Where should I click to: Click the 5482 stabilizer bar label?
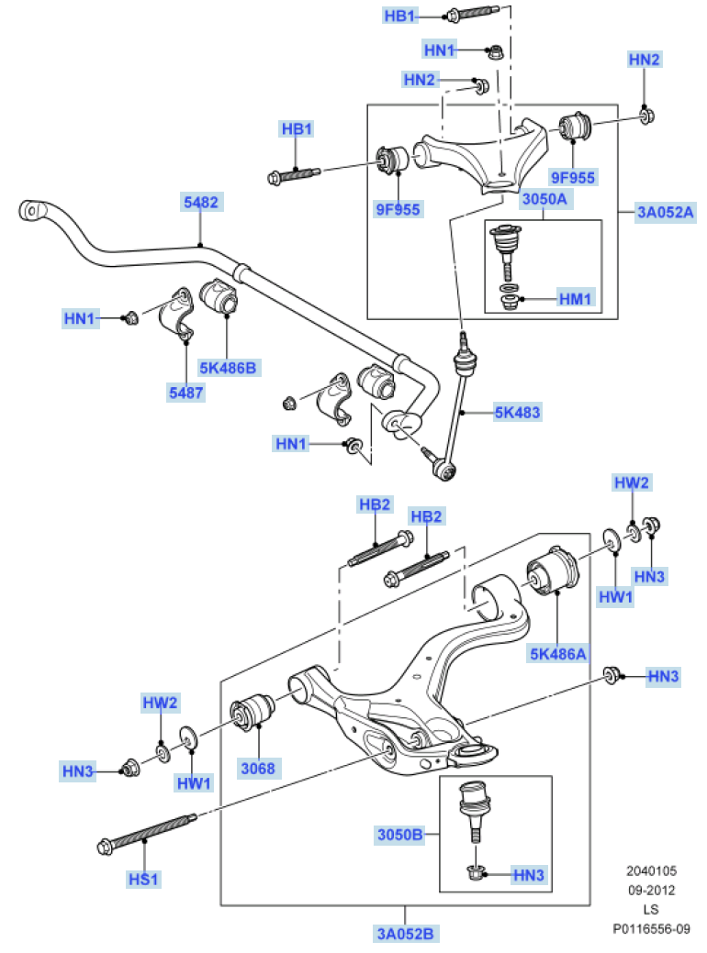pos(201,202)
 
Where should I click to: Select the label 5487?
pos(185,392)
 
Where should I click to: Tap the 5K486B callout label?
pos(228,368)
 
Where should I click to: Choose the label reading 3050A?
pos(544,198)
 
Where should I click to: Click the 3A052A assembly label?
pos(666,213)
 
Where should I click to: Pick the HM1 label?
pos(577,298)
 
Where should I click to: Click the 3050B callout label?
pos(399,835)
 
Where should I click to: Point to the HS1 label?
pos(144,879)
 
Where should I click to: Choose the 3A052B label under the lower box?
pos(405,934)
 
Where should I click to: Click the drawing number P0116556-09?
pos(651,929)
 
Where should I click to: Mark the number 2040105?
pos(651,870)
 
